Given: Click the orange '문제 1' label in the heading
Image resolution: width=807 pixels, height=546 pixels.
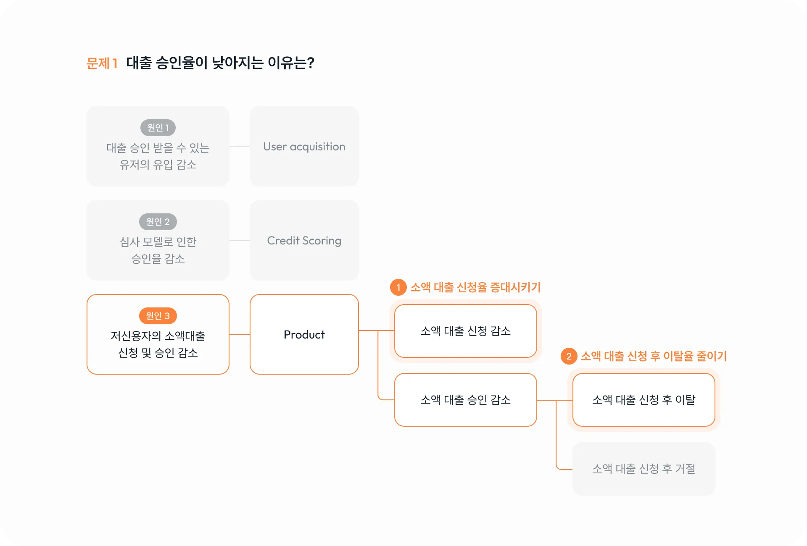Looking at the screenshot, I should (x=102, y=63).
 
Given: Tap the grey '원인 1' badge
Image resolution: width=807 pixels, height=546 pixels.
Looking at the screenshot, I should (x=158, y=128).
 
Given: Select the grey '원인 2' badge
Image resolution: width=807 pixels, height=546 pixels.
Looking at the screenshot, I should (x=158, y=222).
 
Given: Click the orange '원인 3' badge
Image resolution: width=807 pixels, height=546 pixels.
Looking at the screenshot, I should (x=158, y=316).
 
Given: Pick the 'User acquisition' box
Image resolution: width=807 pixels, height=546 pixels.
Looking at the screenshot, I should (x=304, y=147).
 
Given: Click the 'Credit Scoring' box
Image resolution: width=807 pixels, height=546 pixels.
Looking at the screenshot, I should (x=304, y=241).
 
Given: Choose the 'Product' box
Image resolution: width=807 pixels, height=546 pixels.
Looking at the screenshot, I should (x=304, y=335).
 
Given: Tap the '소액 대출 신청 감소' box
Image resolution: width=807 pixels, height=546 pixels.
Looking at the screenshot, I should (x=466, y=331).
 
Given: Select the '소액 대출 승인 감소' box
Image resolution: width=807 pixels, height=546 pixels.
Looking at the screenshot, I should (x=466, y=400).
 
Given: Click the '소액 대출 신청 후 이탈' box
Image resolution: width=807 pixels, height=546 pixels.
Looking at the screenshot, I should (x=643, y=400).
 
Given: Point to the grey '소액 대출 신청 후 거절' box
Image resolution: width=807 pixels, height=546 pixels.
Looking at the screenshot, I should (x=643, y=469).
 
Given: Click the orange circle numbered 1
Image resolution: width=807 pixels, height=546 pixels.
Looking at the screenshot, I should (x=398, y=288).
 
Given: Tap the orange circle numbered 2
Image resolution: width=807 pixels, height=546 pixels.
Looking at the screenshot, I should (x=569, y=357).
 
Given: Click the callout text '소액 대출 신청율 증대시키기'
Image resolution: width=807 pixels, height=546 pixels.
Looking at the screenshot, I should (x=475, y=288).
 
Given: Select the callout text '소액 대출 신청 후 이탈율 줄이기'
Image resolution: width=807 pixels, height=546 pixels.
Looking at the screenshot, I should (x=654, y=357).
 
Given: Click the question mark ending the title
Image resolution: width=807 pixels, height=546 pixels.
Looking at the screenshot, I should (x=311, y=63).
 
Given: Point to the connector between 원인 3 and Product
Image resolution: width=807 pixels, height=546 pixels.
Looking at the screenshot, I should (x=240, y=334).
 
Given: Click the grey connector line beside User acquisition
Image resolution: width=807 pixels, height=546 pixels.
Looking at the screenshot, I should (x=240, y=146).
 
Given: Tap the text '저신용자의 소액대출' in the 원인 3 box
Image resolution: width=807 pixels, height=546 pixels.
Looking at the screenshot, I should (x=158, y=336).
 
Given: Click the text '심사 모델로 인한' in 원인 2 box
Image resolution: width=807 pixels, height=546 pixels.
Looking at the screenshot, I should (x=158, y=242).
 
